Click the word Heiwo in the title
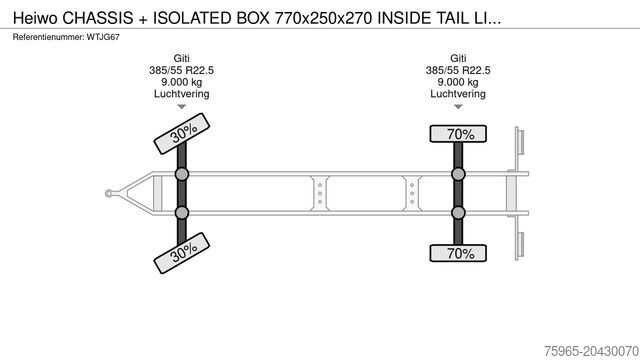tap(26, 17)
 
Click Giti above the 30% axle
tap(182, 58)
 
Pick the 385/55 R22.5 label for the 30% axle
tap(182, 70)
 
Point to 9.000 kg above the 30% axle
tap(182, 82)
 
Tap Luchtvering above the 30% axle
tap(182, 94)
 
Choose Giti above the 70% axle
tap(459, 58)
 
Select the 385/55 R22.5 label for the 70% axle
tap(459, 70)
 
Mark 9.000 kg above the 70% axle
tap(459, 82)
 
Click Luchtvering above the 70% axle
tap(459, 94)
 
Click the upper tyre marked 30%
tap(181, 134)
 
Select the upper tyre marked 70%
tap(459, 134)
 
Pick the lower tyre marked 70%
tap(459, 253)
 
